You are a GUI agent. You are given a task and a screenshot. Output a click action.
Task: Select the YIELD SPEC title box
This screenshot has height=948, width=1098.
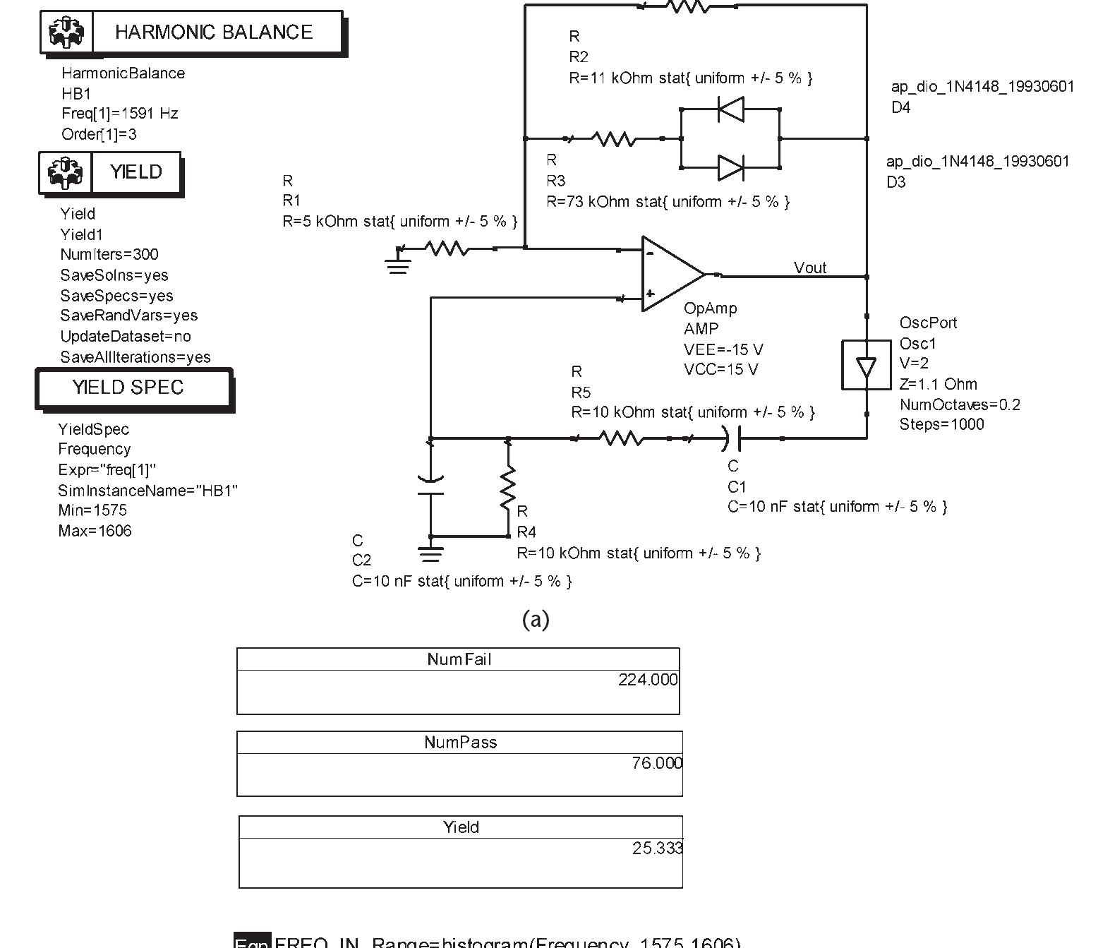point(128,388)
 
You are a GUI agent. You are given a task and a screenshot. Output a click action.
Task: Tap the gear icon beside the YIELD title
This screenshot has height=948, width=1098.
point(66,172)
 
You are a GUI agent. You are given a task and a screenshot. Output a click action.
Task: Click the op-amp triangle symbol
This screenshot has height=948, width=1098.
point(670,274)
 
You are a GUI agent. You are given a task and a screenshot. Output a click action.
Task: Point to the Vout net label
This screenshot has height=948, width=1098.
point(809,268)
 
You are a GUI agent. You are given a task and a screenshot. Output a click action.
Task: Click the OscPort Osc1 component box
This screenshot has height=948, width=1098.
point(866,365)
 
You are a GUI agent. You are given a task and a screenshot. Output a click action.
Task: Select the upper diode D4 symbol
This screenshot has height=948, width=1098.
point(730,109)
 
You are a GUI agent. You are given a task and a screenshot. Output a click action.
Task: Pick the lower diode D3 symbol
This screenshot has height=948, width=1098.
point(730,168)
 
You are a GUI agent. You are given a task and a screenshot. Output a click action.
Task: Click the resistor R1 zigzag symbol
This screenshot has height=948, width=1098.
point(447,248)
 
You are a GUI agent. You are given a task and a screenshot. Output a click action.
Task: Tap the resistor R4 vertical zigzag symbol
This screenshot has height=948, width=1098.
point(508,488)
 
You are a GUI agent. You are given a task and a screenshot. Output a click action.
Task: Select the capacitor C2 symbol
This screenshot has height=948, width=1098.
point(430,486)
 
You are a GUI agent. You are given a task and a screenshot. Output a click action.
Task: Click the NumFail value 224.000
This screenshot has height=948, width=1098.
point(647,680)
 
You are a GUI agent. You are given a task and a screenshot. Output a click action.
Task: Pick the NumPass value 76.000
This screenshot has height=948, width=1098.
point(656,763)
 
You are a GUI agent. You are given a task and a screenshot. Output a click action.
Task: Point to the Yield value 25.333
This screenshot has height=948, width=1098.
point(657,848)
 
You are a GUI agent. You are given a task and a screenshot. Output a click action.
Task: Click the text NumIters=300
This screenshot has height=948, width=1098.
point(109,255)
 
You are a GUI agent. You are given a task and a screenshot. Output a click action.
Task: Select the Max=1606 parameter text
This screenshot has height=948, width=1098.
point(95,531)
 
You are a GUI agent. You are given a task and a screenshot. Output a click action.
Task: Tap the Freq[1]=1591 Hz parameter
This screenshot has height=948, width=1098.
point(119,114)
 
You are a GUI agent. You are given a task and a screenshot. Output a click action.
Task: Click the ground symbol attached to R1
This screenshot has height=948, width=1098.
point(398,266)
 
